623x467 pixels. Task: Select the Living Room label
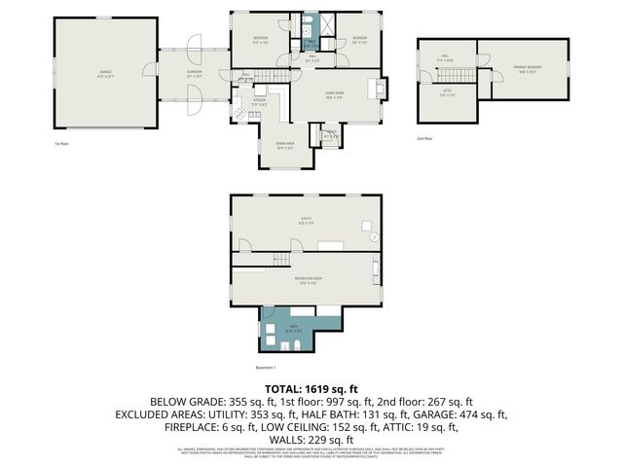tap(337, 93)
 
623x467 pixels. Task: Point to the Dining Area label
tap(284, 146)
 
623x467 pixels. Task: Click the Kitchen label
tap(260, 100)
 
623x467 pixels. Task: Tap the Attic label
tap(447, 93)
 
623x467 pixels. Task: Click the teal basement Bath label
tap(293, 330)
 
